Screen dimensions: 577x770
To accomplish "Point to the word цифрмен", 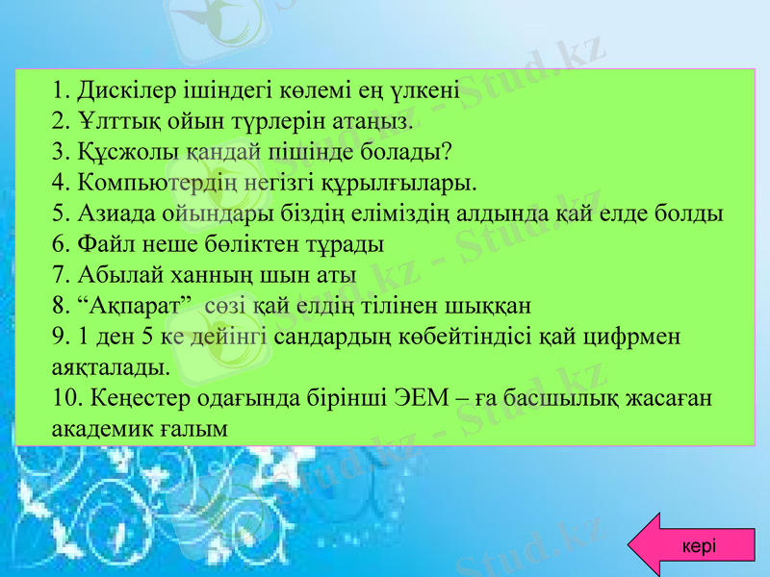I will tap(635, 337).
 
